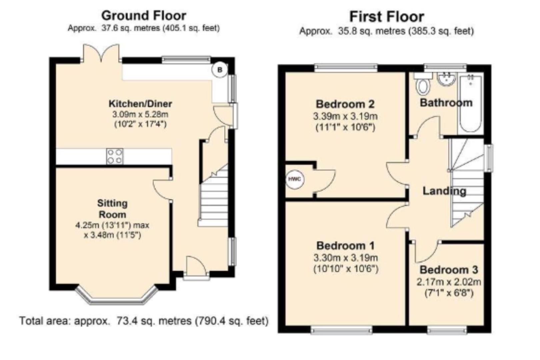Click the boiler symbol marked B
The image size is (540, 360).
(220, 70)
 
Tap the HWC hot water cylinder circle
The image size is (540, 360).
(295, 179)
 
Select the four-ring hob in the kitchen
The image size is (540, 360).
(115, 156)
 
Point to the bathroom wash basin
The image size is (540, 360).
(446, 79)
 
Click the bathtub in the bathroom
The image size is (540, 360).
(470, 103)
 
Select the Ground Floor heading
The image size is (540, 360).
(144, 15)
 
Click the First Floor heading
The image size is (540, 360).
(387, 17)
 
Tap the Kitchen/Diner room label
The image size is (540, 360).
(140, 104)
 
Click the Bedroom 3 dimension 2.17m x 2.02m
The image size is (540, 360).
(449, 282)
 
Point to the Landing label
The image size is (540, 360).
(444, 191)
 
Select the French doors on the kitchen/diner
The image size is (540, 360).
(101, 54)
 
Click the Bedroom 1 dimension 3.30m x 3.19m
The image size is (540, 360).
(346, 258)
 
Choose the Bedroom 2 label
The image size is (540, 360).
(345, 104)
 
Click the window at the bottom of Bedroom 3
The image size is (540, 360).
(447, 331)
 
